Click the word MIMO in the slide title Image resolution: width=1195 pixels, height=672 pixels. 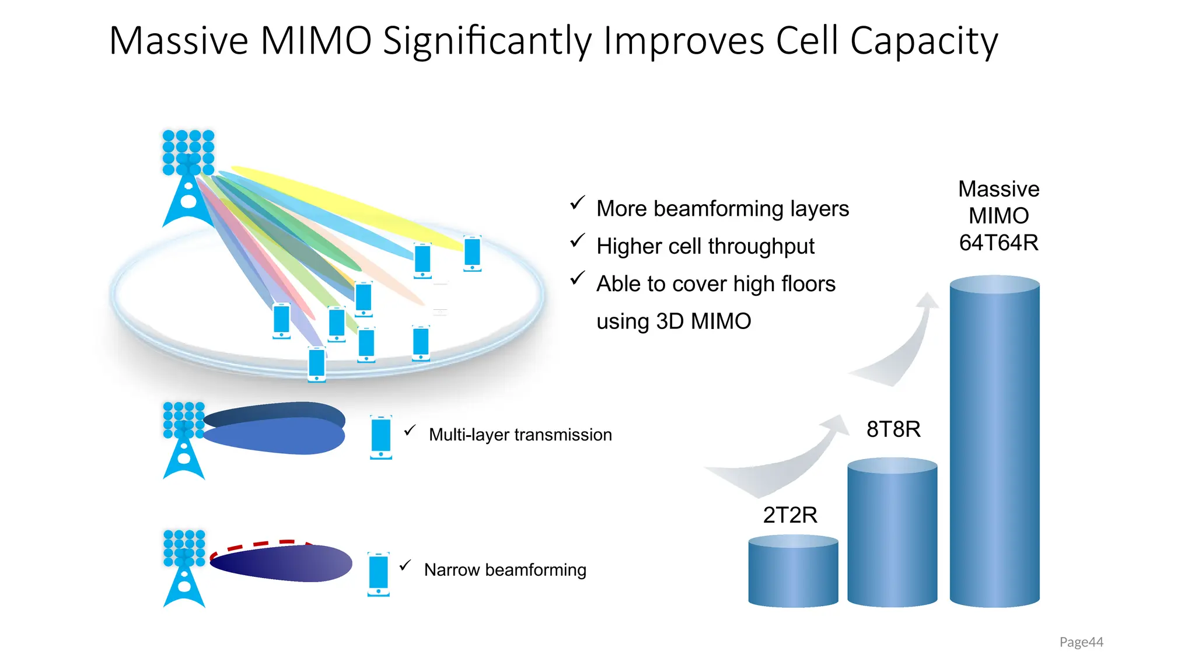(316, 41)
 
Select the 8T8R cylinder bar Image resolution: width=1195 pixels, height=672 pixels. (892, 534)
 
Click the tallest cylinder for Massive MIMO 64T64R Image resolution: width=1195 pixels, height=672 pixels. (994, 443)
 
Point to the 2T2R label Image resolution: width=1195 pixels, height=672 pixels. (790, 515)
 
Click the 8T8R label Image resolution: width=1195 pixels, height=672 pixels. (893, 429)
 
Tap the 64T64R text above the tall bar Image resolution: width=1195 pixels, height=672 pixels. (998, 243)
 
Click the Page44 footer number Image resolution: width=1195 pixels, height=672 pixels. (1081, 642)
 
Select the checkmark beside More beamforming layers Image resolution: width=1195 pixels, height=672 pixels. (577, 203)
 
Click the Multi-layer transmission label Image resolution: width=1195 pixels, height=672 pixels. (520, 435)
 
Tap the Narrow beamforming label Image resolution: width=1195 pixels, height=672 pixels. (505, 570)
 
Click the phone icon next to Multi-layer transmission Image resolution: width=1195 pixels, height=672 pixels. (381, 437)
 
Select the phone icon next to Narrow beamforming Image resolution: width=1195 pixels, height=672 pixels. (378, 574)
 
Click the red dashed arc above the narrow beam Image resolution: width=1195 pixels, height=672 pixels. (260, 545)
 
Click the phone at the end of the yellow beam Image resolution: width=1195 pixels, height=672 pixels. (472, 253)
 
